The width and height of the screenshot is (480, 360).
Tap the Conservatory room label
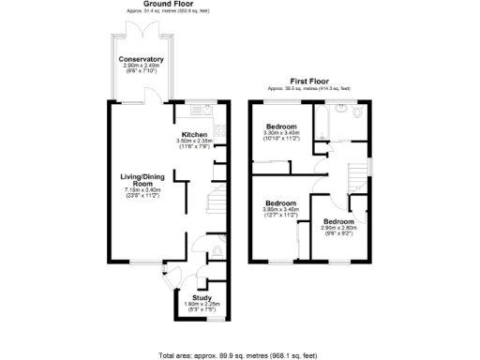[x=142, y=59]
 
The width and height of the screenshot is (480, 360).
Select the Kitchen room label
[x=194, y=134]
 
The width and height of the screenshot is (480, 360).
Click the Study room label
[x=188, y=297]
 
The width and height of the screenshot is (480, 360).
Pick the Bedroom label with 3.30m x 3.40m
[x=280, y=127]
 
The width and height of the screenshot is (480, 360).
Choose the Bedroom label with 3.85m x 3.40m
[x=280, y=203]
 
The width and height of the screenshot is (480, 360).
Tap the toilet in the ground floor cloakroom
[x=217, y=251]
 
